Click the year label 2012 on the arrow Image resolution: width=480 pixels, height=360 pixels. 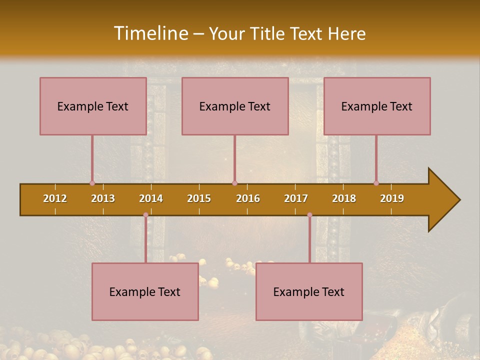coord(55,198)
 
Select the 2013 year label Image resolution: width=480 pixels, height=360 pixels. coord(103,198)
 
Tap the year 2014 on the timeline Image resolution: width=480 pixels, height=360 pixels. coord(151,198)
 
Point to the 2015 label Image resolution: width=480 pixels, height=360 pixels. coord(199,198)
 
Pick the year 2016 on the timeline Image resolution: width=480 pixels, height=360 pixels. coord(248,198)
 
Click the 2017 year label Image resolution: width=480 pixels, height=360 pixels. coord(296,198)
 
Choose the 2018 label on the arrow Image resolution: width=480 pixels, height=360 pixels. coord(344,198)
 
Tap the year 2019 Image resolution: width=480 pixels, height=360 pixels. coord(392,198)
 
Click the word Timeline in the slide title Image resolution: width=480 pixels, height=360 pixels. coord(150,33)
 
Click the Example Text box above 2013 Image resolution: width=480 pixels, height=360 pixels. coord(93,106)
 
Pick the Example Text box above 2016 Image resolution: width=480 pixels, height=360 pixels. coord(235,106)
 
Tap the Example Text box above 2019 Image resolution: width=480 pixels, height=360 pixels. coord(377,106)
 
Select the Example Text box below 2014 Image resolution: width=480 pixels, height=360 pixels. coord(145,291)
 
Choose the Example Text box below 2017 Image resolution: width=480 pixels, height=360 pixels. coord(309,291)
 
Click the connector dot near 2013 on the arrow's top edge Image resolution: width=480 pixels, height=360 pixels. coord(92,183)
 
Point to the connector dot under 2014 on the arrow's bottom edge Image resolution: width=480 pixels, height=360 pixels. coord(145,215)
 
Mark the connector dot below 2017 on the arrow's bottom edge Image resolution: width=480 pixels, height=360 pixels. coord(309,215)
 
